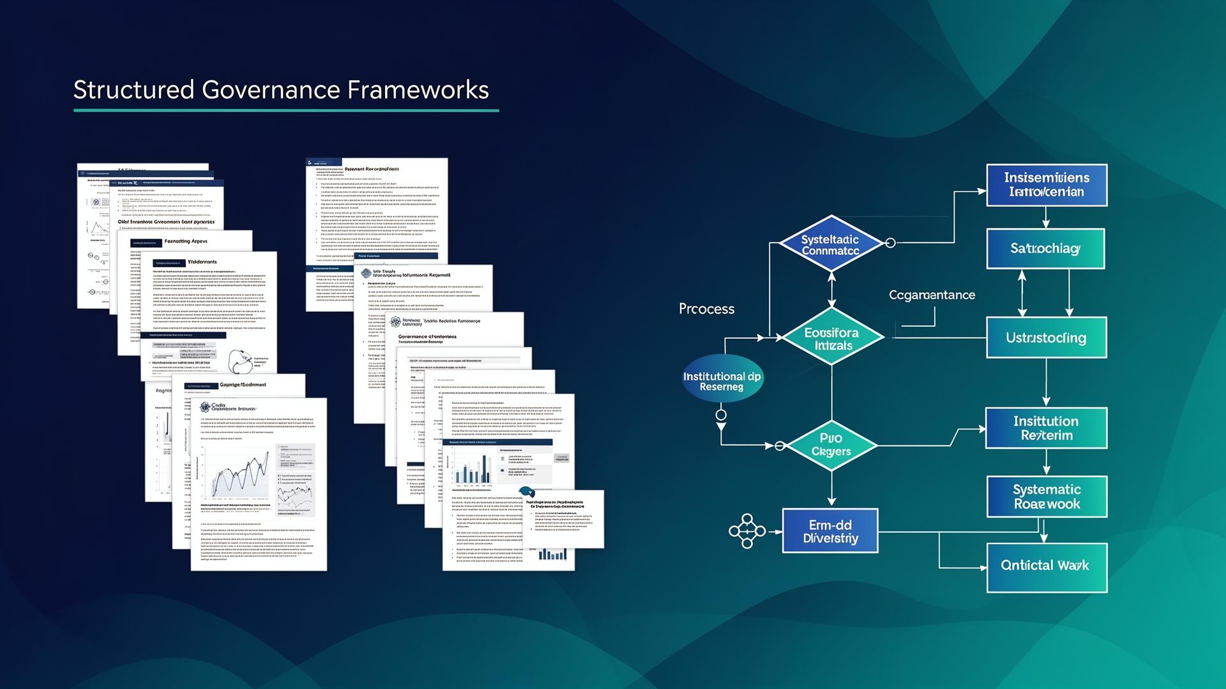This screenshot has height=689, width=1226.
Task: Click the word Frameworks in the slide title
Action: [x=418, y=90]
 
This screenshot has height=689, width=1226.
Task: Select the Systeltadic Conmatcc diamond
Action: [x=831, y=244]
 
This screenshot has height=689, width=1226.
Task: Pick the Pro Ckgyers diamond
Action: [x=831, y=445]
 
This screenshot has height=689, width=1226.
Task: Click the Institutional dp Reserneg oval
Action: [x=722, y=381]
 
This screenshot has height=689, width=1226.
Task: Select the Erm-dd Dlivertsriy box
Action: [x=830, y=531]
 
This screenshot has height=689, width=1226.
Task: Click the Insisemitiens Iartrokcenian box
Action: [x=1047, y=185]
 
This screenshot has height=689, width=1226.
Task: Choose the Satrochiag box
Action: [x=1045, y=249]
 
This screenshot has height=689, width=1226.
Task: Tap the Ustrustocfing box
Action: [x=1047, y=337]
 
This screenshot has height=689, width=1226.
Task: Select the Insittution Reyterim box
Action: [x=1046, y=428]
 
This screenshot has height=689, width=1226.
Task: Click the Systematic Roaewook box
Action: [x=1047, y=496]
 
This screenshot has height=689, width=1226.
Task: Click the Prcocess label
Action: [x=706, y=309]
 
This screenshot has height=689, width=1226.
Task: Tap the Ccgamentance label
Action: [x=932, y=295]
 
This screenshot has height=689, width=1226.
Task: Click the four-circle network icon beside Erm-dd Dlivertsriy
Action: [x=747, y=531]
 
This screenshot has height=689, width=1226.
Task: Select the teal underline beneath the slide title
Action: [x=286, y=110]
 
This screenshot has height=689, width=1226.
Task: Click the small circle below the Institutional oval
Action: [x=721, y=415]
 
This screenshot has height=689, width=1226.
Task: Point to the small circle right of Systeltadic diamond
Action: [x=890, y=242]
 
